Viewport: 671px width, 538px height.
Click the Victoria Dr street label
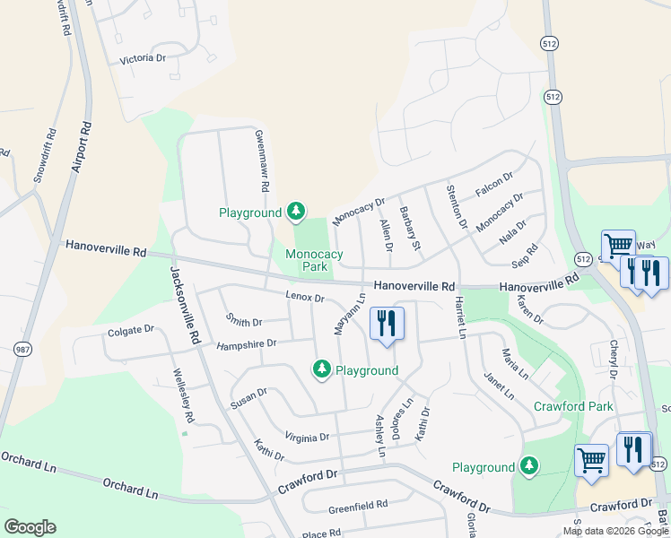[144, 59]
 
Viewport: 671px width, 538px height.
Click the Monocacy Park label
[314, 260]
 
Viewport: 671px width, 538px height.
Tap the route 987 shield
[19, 348]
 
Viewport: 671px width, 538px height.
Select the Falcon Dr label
[494, 186]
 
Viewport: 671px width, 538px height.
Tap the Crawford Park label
[573, 406]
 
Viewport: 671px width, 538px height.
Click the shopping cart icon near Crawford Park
[591, 461]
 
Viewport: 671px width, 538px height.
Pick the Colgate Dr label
[131, 331]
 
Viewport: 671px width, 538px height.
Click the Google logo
[30, 526]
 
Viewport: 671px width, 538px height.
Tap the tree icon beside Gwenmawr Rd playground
[296, 213]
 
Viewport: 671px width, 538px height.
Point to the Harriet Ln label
[460, 317]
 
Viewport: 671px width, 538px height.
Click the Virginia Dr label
[307, 438]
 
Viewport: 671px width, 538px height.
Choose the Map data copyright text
[615, 530]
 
